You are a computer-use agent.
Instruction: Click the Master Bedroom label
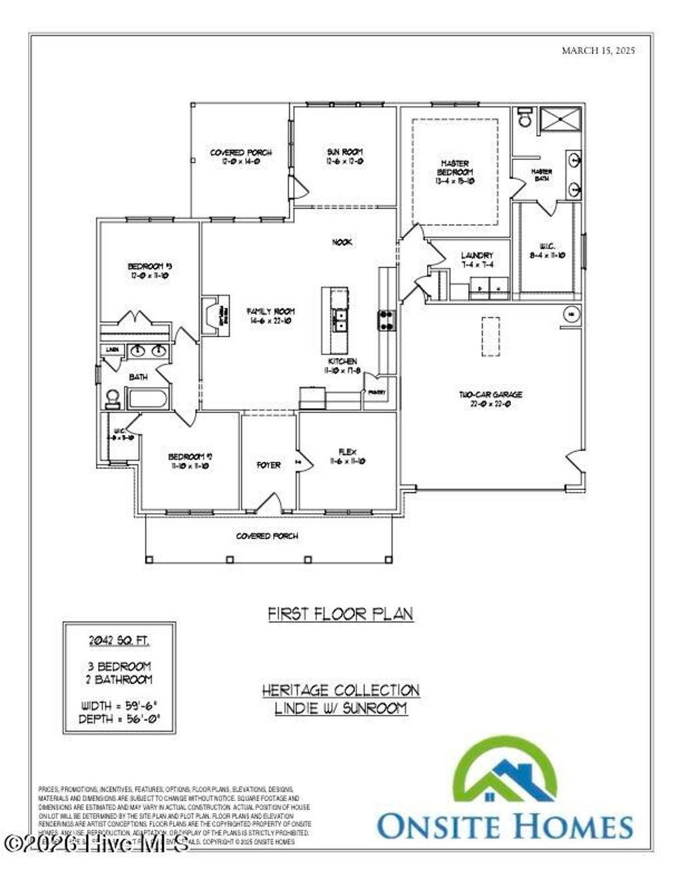click(455, 171)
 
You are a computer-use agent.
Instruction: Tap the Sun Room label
click(345, 157)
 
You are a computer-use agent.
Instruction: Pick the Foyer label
click(268, 464)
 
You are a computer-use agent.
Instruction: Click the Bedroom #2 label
click(190, 460)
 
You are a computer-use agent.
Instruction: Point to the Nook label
click(342, 242)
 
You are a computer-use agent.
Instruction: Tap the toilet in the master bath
click(524, 117)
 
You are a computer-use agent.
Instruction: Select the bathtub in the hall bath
click(147, 399)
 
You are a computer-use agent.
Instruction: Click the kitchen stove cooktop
click(386, 320)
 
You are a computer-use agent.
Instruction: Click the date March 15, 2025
click(598, 50)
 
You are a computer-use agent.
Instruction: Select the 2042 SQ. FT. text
click(119, 640)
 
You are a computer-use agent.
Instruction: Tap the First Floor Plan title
click(340, 613)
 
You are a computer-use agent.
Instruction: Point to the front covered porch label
click(267, 536)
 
